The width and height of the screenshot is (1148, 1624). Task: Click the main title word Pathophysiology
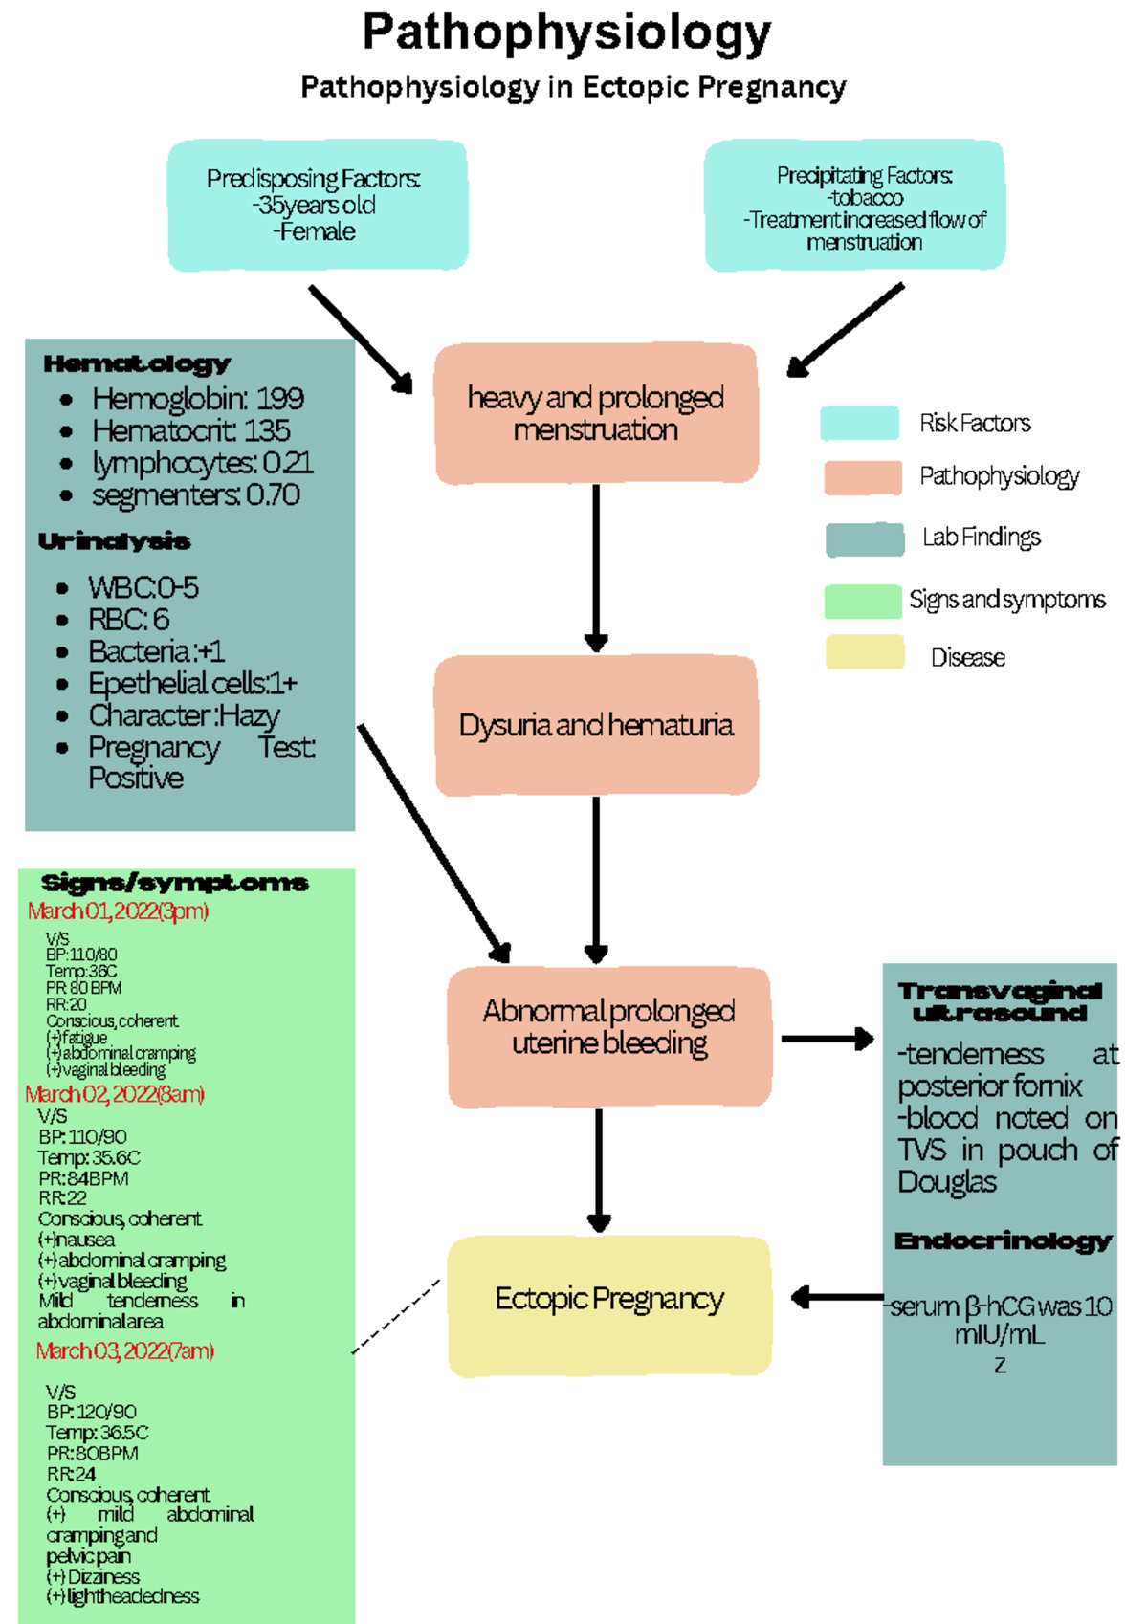click(x=566, y=34)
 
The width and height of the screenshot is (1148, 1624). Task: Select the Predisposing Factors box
click(x=317, y=205)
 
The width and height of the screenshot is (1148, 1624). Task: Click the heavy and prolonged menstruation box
click(x=595, y=413)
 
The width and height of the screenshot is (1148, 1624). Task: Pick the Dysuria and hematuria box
click(x=595, y=725)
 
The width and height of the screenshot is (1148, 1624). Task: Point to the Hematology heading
click(x=137, y=363)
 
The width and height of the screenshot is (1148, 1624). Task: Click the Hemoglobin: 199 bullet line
click(x=197, y=398)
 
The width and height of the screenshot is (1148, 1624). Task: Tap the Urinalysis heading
click(x=114, y=541)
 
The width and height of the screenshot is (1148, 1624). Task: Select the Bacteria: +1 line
click(x=156, y=651)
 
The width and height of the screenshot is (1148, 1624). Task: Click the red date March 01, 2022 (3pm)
click(x=118, y=911)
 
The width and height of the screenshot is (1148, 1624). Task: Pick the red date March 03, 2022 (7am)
click(x=124, y=1350)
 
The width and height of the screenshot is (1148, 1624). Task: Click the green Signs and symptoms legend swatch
click(x=862, y=601)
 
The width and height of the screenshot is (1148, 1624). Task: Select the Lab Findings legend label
click(x=981, y=538)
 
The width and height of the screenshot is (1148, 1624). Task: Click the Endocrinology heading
click(x=1003, y=1241)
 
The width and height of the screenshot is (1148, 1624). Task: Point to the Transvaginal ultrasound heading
click(x=1000, y=1001)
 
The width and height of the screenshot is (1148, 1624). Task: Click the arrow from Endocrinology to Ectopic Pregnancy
click(x=837, y=1297)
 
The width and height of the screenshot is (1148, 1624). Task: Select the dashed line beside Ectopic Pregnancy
click(x=397, y=1316)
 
